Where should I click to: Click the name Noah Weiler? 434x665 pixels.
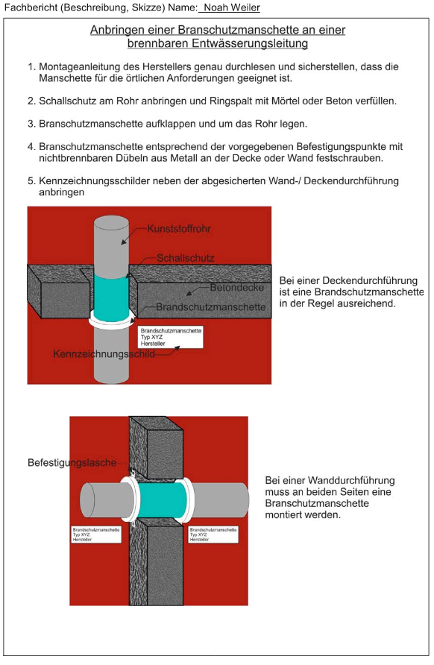(x=232, y=7)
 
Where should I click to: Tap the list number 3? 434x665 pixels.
(x=31, y=124)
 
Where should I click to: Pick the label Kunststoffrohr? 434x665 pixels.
(x=179, y=229)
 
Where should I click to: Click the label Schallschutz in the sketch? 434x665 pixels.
(x=186, y=258)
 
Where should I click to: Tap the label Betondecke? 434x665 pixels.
(x=237, y=288)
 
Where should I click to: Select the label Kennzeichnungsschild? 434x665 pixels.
(x=104, y=354)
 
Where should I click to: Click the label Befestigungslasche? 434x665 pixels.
(x=72, y=462)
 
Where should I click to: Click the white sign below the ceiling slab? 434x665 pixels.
(x=171, y=337)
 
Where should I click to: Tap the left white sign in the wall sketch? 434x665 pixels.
(x=96, y=535)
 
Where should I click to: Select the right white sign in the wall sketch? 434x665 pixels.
(x=213, y=535)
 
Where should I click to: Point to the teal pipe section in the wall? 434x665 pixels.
(x=163, y=499)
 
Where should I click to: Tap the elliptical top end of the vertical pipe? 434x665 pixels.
(x=110, y=223)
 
